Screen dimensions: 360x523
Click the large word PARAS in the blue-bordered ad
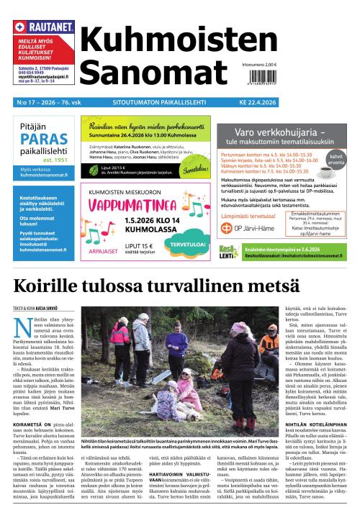(x=45, y=140)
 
